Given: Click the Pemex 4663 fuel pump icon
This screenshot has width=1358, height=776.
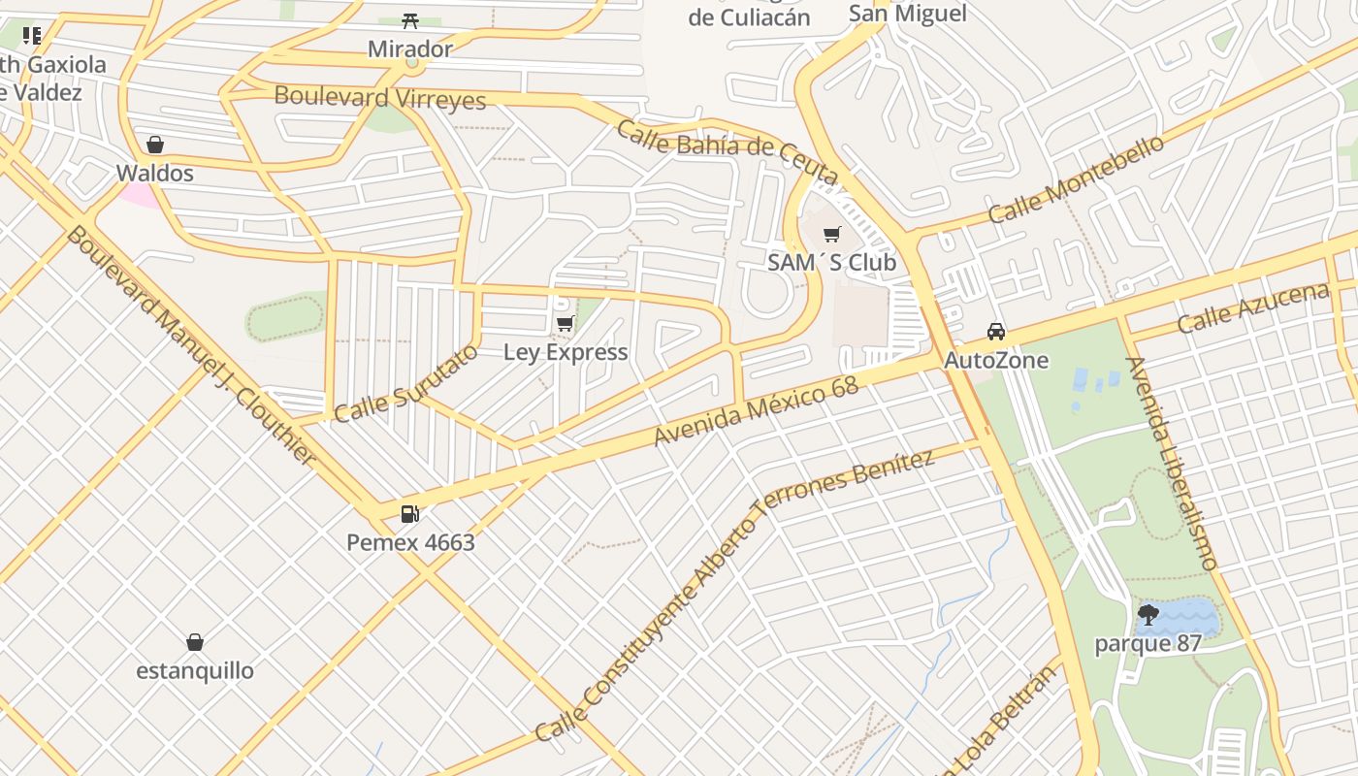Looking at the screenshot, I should coord(410,513).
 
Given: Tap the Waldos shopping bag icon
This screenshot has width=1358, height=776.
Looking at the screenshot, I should coord(154,145).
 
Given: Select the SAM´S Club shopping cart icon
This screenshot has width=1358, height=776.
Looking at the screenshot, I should coord(831,234).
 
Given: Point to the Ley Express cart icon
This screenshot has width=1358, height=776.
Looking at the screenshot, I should coord(565,323).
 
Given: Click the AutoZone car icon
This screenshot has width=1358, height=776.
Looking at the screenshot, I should coord(996,332).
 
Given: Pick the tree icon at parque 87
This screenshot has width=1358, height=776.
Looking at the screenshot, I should coord(1148,614).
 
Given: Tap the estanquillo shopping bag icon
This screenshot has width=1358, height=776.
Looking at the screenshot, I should coord(195,642).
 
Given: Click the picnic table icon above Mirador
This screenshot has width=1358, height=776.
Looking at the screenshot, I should coord(409,20).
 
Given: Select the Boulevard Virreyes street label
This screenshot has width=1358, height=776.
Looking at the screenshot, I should coord(380,97).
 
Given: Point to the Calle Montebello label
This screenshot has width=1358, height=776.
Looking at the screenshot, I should coord(1076,178).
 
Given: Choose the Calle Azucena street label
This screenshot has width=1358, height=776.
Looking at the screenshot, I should coord(1252,308).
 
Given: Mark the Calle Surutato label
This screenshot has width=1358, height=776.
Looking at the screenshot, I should coord(405,383).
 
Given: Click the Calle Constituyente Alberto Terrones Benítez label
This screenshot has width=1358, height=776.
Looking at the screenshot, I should coord(734,596).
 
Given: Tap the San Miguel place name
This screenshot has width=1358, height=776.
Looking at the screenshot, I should coord(908,13).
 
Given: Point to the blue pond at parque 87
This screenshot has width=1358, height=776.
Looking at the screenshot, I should coord(1188,617).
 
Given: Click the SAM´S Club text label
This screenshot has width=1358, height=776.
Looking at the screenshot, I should coord(831,263).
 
